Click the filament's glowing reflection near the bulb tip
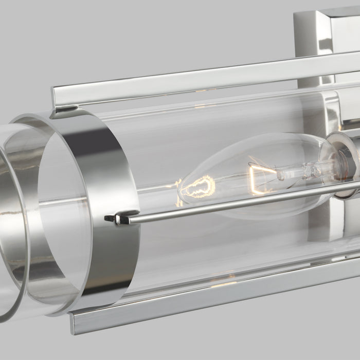click(198, 186)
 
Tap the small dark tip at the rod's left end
click(109, 218)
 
